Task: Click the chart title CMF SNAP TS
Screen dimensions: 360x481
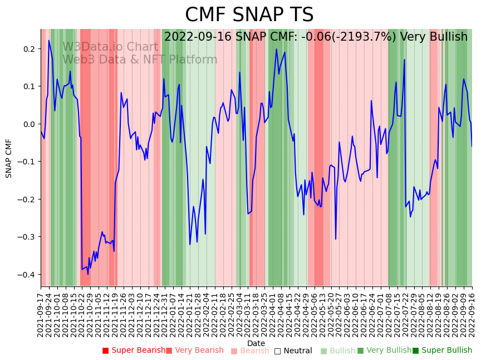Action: (249, 15)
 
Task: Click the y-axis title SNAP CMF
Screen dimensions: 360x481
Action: (9, 158)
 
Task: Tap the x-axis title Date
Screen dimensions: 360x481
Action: (256, 343)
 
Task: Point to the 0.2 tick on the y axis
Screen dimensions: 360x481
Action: (28, 49)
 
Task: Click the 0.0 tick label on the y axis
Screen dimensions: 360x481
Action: (28, 124)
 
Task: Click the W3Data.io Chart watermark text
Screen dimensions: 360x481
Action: (110, 47)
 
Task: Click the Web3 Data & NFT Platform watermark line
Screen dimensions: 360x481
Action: (140, 60)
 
